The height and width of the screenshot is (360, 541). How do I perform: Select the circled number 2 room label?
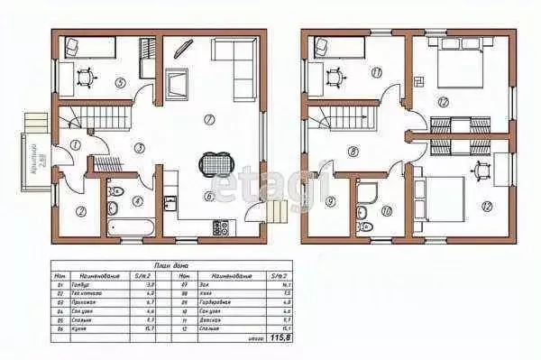[x=79, y=211]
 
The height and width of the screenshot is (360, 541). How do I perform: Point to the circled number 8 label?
[x=353, y=151]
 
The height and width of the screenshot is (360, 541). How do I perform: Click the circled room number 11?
[x=374, y=73]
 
